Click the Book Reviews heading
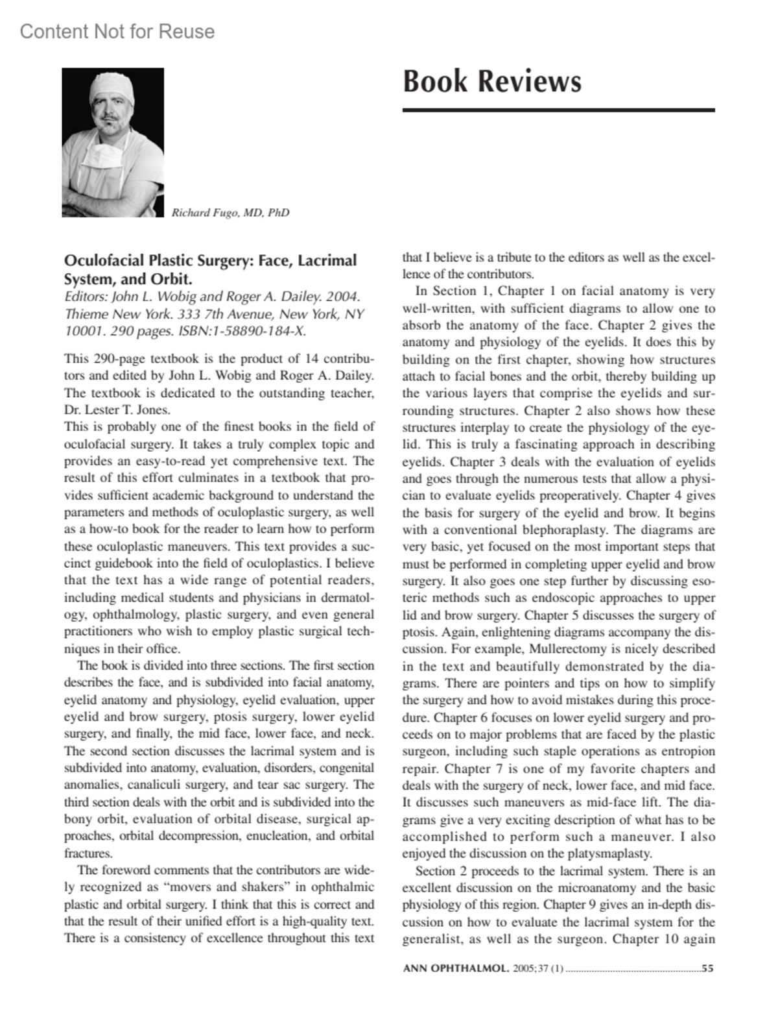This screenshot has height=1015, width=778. pos(491,82)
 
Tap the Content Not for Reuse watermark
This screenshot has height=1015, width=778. pos(117,32)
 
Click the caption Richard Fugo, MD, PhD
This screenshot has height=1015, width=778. pos(230,213)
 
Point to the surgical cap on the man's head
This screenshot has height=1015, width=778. pos(111,88)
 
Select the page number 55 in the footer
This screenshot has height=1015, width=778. pos(707,969)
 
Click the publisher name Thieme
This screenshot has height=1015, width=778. pos(84,314)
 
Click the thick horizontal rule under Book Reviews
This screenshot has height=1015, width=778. pos(558,110)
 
